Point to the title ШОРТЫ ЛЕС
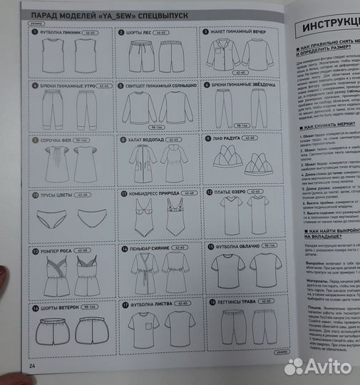[x=142, y=33]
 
